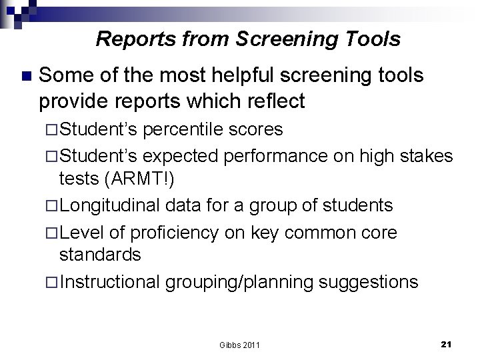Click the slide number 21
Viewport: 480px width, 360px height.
tap(447, 344)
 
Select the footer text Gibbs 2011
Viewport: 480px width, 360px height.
tap(240, 345)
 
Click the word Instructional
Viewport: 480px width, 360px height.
tap(110, 282)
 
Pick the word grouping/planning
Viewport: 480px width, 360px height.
tap(240, 282)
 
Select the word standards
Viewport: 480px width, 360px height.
tap(100, 255)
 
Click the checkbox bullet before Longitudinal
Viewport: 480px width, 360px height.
tap(54, 205)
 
